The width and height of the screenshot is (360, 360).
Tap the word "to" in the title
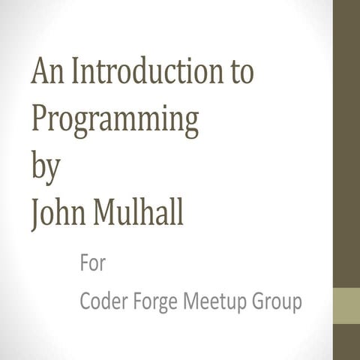[239, 74]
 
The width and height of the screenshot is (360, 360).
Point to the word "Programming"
[115, 120]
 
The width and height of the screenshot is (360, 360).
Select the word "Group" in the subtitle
[277, 303]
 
